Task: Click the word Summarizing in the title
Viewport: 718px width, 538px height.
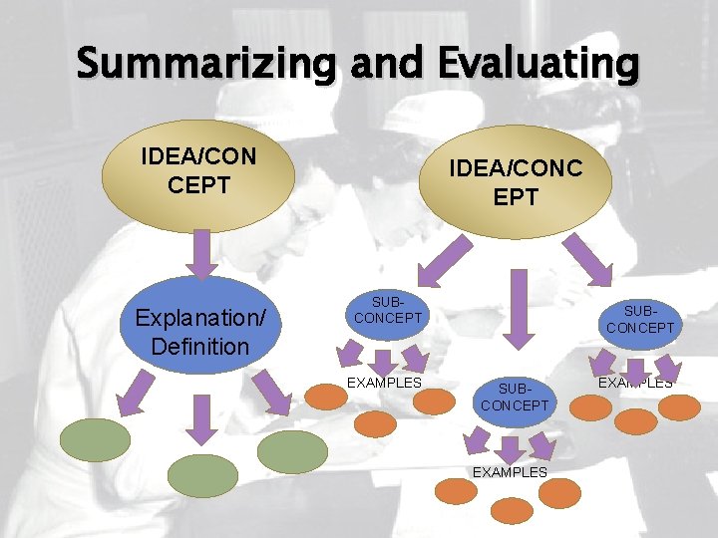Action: click(x=205, y=64)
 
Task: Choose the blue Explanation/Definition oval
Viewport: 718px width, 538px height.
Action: click(x=200, y=329)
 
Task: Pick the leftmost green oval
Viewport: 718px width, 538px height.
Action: click(x=96, y=440)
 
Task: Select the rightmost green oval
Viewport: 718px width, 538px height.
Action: click(x=292, y=451)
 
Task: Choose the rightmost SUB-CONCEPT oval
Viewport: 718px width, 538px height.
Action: click(x=640, y=320)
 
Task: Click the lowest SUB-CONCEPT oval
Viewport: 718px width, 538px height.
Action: click(x=514, y=398)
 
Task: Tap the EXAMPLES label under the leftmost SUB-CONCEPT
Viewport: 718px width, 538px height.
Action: click(x=384, y=383)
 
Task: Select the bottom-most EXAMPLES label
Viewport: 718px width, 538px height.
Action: click(x=510, y=472)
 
